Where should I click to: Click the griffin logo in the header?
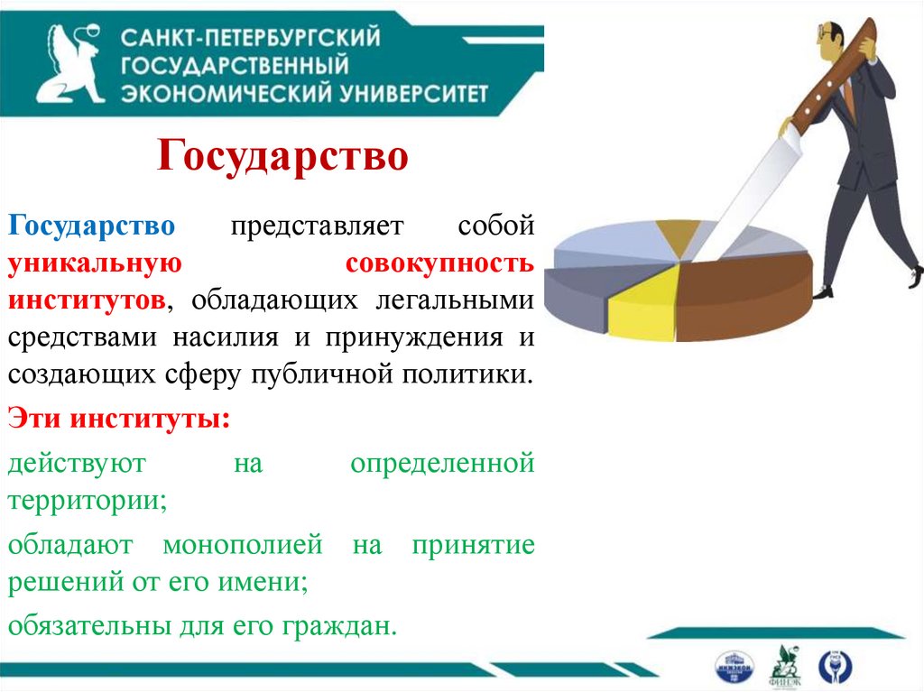[x=70, y=65]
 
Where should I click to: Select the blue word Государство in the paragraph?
[x=92, y=225]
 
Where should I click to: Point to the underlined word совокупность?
[x=439, y=263]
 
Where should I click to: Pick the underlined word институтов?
[x=87, y=300]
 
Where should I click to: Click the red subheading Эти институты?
[x=118, y=419]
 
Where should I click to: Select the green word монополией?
[x=243, y=545]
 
